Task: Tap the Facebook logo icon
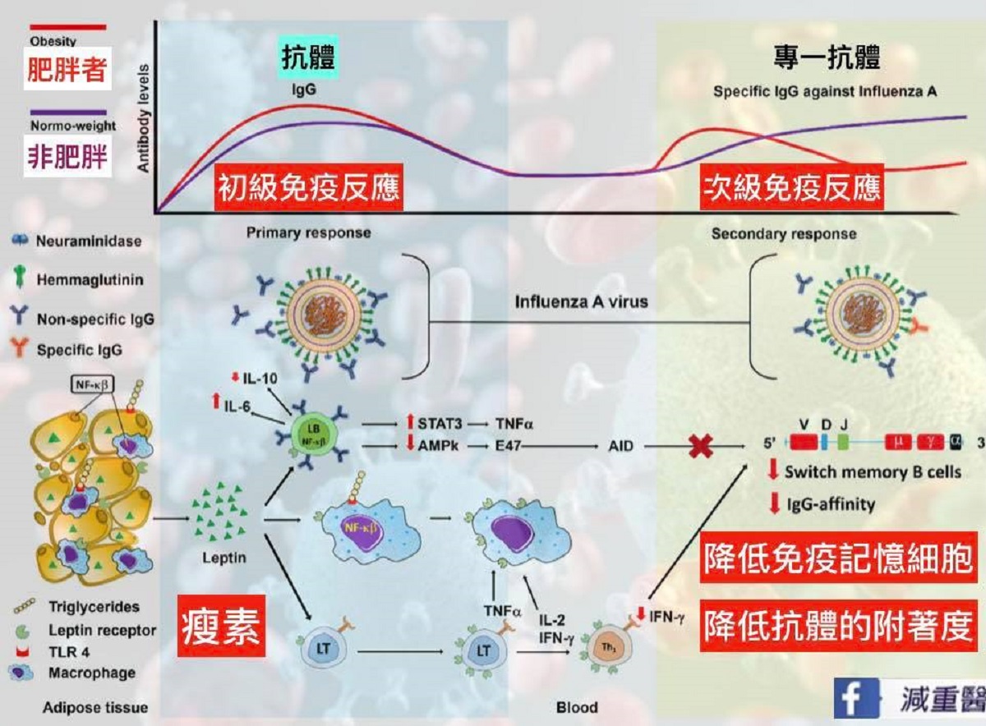(x=852, y=698)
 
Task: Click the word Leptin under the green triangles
(x=218, y=558)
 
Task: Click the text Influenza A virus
(x=581, y=301)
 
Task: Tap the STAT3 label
(x=440, y=425)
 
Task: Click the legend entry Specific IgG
(x=79, y=349)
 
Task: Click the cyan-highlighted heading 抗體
(x=308, y=58)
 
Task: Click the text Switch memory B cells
(x=860, y=472)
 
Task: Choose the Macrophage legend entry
(x=90, y=673)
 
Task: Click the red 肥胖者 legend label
(x=67, y=71)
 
